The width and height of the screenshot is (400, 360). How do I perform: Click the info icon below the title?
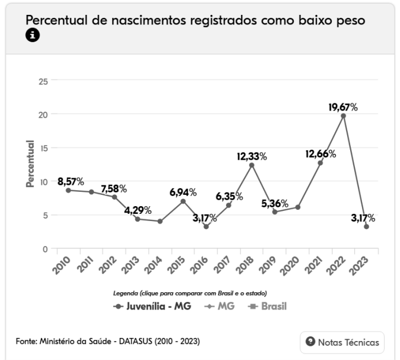(32, 36)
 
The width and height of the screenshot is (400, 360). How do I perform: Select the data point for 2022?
(343, 116)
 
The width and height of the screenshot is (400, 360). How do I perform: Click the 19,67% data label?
(343, 108)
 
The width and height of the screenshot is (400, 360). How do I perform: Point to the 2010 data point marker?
(68, 190)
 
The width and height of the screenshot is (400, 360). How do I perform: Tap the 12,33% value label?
(252, 157)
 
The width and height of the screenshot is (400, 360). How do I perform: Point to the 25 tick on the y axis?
(43, 80)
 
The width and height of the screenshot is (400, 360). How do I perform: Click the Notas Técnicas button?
(342, 342)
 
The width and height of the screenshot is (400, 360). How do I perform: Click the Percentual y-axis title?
(30, 165)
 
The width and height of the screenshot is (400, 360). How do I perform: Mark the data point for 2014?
(160, 221)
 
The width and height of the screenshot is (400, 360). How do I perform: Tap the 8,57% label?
(71, 181)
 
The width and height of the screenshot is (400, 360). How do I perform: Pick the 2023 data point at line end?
(366, 226)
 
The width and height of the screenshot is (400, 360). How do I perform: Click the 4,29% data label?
(138, 210)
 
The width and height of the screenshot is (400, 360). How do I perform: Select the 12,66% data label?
(320, 154)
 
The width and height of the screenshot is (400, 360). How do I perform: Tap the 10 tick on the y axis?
(43, 182)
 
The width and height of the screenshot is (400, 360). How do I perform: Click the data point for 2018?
(252, 165)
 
